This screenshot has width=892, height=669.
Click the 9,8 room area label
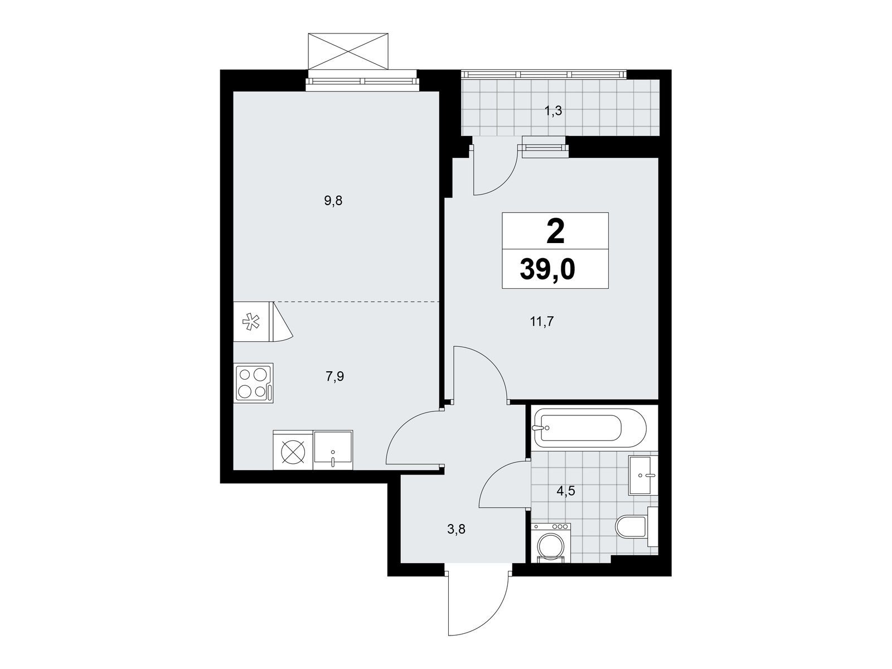(x=333, y=201)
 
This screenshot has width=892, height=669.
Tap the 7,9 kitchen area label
(x=335, y=376)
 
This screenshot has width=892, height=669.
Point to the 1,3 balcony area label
(x=553, y=110)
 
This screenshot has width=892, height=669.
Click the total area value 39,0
(x=547, y=270)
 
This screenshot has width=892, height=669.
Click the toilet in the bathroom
(x=637, y=526)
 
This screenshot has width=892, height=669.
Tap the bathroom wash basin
(x=643, y=475)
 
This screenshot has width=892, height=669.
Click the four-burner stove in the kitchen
(x=253, y=382)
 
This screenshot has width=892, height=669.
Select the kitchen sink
(x=333, y=450)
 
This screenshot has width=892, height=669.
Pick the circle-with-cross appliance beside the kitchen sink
(x=293, y=450)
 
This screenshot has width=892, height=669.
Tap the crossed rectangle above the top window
(x=348, y=52)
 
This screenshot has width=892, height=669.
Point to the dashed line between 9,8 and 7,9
(x=357, y=302)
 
